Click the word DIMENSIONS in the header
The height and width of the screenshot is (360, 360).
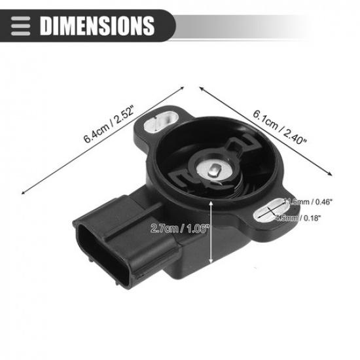97,26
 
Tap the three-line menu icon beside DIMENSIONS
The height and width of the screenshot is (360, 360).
22,26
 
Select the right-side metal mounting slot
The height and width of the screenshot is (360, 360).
269,211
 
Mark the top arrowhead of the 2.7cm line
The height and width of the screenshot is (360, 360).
211,204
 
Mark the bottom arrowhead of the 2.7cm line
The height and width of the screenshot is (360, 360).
211,264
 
